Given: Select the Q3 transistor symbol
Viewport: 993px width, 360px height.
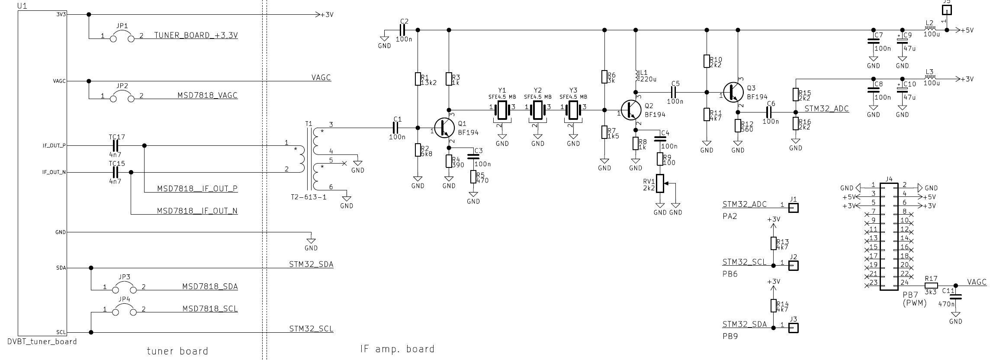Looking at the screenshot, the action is click(733, 92).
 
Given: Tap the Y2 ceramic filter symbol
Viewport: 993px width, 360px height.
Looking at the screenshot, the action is click(538, 110).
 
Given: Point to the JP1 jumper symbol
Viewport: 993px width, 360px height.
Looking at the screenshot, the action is click(122, 38).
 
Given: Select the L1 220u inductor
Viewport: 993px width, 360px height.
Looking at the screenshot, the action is click(636, 76).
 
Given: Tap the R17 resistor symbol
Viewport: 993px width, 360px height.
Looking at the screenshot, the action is click(931, 286).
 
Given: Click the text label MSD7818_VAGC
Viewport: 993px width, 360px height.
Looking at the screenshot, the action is click(207, 95).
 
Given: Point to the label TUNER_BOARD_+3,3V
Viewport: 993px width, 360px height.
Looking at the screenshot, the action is click(196, 35).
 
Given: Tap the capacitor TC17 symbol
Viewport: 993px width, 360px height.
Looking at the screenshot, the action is click(116, 146).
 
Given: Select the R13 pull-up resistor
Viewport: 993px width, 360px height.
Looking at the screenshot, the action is click(773, 243).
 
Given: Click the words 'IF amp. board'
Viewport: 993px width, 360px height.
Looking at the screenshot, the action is click(397, 349).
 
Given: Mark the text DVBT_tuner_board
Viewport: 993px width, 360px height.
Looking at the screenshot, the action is click(42, 341).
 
